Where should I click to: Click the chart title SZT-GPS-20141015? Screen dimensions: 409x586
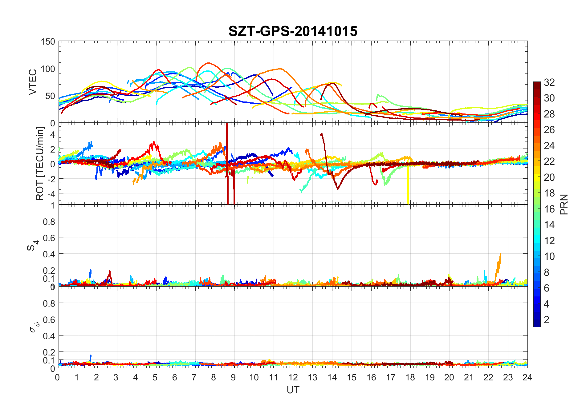[293, 31]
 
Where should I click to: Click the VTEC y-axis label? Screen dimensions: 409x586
[33, 82]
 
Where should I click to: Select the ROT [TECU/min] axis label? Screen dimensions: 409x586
[40, 164]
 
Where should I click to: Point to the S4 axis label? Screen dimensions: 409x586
[33, 245]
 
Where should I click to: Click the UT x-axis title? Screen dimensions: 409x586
[293, 390]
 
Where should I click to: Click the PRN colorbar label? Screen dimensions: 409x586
[564, 204]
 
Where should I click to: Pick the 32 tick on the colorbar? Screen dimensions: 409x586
[549, 82]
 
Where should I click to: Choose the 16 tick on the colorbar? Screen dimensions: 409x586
[549, 209]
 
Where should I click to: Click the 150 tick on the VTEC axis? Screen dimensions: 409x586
[48, 42]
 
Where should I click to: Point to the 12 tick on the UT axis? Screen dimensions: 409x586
[293, 377]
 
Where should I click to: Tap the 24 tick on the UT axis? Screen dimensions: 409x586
[527, 377]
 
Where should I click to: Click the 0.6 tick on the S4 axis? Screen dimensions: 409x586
[49, 238]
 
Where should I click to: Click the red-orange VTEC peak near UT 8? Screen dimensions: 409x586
[209, 63]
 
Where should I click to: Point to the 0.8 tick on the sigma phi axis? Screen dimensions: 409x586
[49, 303]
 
